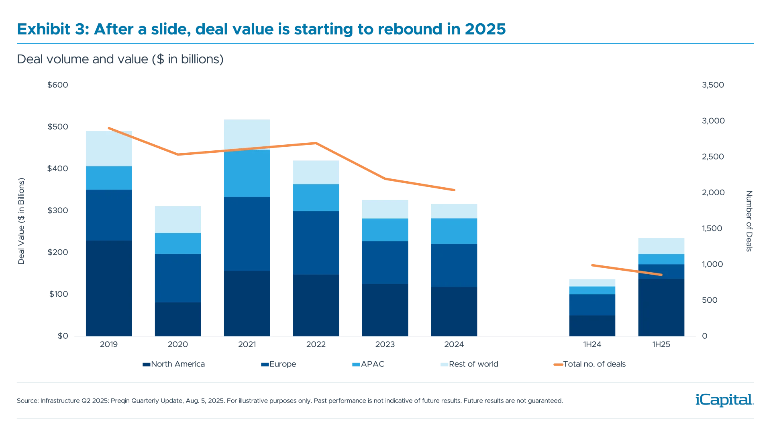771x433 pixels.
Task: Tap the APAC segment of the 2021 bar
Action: click(247, 173)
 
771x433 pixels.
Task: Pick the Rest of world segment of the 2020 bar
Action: click(178, 219)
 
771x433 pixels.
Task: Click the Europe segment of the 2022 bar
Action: click(316, 243)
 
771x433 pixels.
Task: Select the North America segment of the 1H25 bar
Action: click(661, 307)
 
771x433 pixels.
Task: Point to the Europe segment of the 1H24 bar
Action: click(592, 305)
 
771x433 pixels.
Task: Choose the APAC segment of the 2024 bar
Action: click(454, 231)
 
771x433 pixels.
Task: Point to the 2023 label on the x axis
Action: click(385, 345)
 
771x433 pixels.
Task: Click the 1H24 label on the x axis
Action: click(592, 345)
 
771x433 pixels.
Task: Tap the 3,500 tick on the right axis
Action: click(713, 85)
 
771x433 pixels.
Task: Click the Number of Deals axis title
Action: click(749, 221)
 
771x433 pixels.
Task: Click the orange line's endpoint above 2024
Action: click(455, 190)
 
